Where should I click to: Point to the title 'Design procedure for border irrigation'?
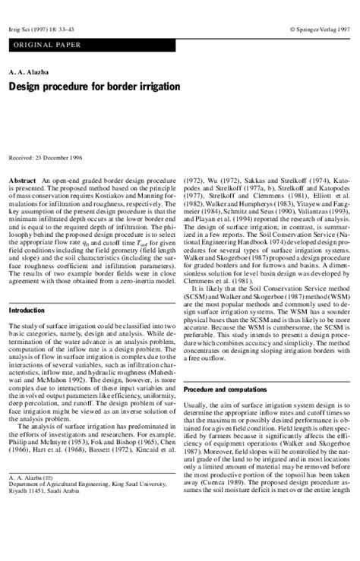(x=94, y=87)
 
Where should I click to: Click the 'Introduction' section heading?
(x=27, y=311)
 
